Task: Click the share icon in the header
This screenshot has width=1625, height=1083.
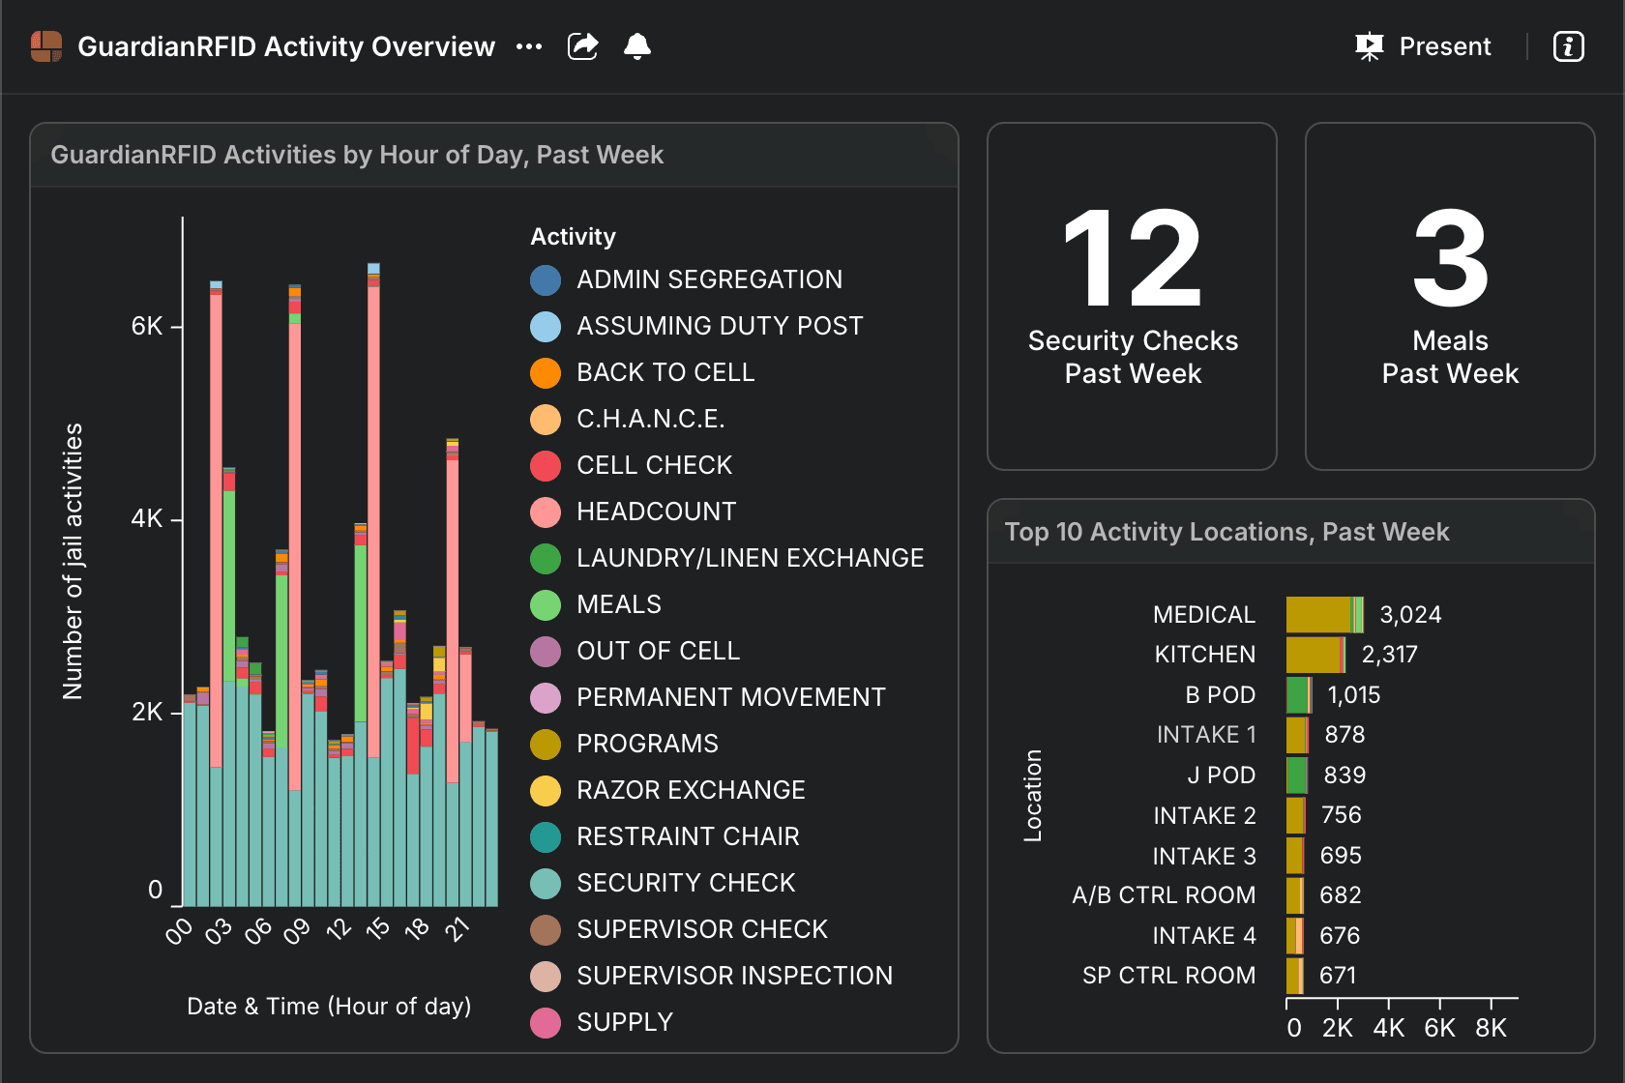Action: (582, 46)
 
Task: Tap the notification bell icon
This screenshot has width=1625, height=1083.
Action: (636, 46)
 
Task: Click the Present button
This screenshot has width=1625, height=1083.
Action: (1423, 46)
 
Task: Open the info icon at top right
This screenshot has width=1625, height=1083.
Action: (1569, 46)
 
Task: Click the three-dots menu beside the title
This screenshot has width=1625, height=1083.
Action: (529, 47)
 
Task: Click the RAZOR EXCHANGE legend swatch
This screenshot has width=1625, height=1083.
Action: (546, 790)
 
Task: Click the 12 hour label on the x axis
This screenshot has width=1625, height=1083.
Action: (339, 929)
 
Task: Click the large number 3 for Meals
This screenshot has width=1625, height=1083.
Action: (1450, 258)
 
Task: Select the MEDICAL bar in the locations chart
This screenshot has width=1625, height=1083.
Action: (1325, 614)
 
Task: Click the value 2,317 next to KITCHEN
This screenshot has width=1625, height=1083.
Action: (1389, 655)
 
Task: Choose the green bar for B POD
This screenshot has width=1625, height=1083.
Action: (1297, 695)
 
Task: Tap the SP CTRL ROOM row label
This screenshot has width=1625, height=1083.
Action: (1168, 975)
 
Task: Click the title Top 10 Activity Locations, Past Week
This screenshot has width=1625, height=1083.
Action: (1226, 532)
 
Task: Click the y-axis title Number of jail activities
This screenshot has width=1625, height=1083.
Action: (73, 562)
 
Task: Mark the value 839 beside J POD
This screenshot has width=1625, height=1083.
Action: (1344, 775)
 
